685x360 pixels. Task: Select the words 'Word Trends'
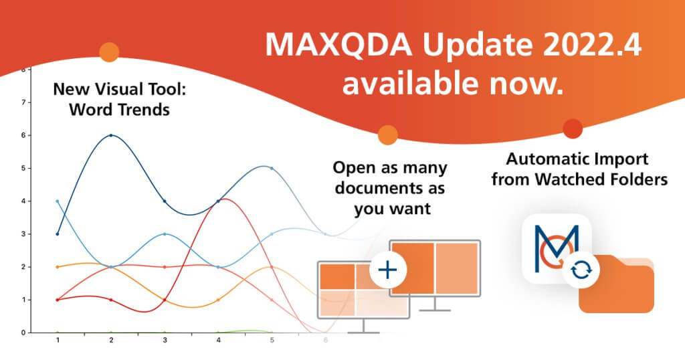coord(119,108)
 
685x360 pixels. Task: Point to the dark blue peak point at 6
coord(111,135)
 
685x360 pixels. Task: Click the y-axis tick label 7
coord(24,102)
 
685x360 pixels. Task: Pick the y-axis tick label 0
coord(24,333)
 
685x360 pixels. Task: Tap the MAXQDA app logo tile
coord(555,245)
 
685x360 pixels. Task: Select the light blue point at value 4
coord(58,201)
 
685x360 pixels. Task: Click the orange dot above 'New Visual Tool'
coord(108,52)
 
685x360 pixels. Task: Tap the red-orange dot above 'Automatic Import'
coord(572,128)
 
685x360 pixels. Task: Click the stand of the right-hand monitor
coord(435,303)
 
